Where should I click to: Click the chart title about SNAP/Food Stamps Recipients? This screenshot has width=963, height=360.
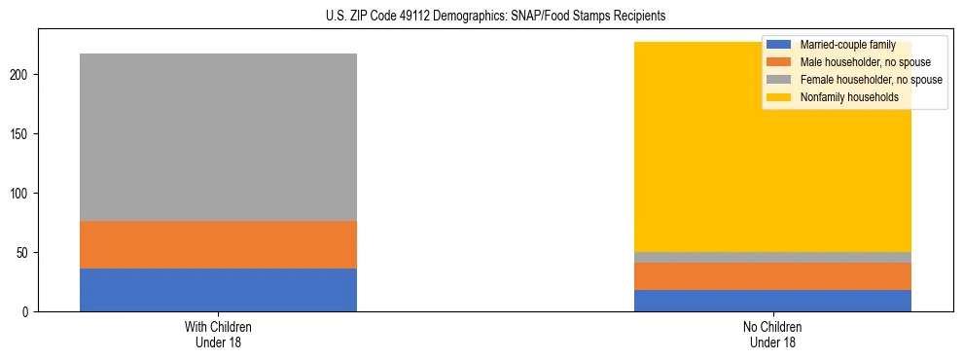(482, 17)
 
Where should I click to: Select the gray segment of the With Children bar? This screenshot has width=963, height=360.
(218, 137)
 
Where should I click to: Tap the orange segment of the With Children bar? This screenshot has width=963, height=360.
(218, 244)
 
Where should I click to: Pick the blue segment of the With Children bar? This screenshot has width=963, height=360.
(218, 290)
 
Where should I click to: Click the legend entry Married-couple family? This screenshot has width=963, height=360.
(846, 45)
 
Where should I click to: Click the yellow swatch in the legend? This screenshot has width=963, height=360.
(779, 97)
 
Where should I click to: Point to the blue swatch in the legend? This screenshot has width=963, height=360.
(779, 45)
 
